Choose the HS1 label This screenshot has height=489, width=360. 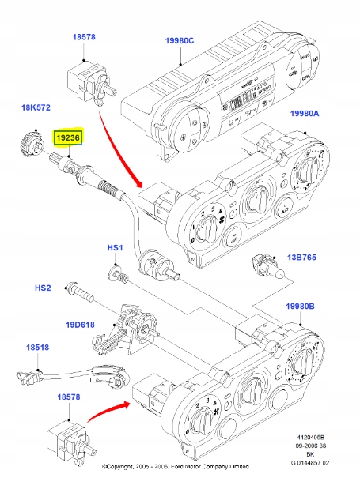point(116,249)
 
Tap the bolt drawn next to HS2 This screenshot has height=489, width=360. point(81,292)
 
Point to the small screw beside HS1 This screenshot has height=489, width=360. point(119,276)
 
